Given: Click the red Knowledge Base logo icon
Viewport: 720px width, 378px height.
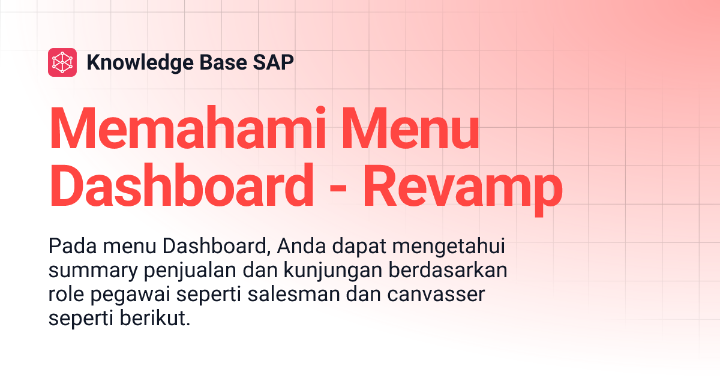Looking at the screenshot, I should [x=62, y=62].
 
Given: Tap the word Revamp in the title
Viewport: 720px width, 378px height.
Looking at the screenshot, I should [x=463, y=187].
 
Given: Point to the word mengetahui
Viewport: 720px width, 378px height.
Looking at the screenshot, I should [x=442, y=248].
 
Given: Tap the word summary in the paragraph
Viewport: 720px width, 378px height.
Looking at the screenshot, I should [x=93, y=271].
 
